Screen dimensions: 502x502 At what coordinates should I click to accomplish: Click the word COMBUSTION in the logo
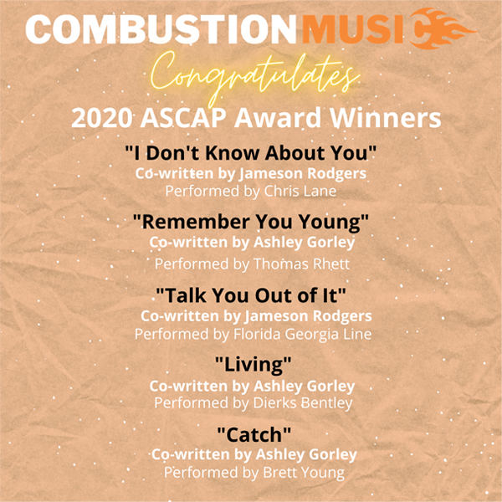161,30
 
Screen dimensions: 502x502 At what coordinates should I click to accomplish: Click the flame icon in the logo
443,28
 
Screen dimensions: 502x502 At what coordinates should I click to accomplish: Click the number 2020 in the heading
101,118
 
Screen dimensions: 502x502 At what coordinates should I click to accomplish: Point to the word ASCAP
183,118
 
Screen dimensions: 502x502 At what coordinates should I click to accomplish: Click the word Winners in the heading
386,118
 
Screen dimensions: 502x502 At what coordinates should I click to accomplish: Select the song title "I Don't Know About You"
251,153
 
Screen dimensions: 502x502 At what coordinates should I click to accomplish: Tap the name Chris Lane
300,191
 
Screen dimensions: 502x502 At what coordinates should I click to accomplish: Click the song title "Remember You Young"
251,222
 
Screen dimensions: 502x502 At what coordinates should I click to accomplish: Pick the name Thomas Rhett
301,264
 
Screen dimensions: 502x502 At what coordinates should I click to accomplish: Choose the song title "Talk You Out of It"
251,295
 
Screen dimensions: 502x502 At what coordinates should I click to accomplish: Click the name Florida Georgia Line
303,334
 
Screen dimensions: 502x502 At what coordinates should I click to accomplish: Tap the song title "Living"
253,365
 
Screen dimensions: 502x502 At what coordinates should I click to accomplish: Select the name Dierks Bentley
303,402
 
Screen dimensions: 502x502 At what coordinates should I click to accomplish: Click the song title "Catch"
254,434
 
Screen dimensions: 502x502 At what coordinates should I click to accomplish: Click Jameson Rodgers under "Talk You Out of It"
308,316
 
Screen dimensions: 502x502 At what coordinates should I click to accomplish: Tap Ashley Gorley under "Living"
305,387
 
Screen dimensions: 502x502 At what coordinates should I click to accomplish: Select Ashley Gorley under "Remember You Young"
305,243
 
